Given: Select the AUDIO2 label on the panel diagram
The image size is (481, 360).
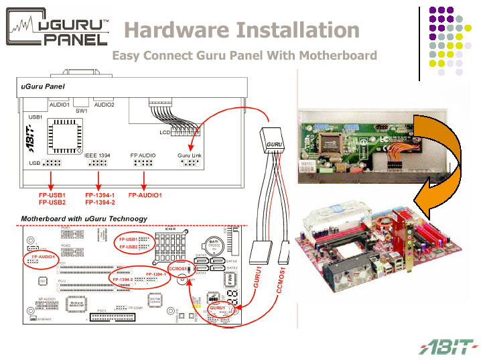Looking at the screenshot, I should click(x=104, y=105).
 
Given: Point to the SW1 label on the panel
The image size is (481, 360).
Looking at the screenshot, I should click(x=81, y=111).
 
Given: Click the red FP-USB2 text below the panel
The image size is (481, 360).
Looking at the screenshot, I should click(x=52, y=202).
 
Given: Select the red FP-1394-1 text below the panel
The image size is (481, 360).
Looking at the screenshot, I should click(x=100, y=194).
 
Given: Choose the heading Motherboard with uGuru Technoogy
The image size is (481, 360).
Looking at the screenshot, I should click(x=84, y=219).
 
